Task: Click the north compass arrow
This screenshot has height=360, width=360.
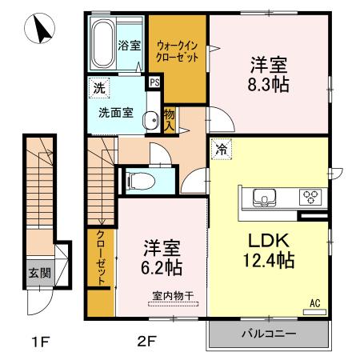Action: tap(40, 31)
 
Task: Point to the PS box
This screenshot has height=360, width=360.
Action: tap(154, 82)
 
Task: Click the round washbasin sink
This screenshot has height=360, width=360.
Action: tap(150, 121)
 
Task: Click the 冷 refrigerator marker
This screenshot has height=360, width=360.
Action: tap(219, 149)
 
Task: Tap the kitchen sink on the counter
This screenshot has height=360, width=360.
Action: tap(264, 198)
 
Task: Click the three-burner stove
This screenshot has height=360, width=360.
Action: tap(309, 198)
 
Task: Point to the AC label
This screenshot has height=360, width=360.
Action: tap(314, 303)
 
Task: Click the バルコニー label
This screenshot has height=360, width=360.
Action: tap(268, 334)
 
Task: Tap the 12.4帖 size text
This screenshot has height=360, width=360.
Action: tap(268, 260)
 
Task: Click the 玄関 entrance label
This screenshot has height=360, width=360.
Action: tap(39, 272)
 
